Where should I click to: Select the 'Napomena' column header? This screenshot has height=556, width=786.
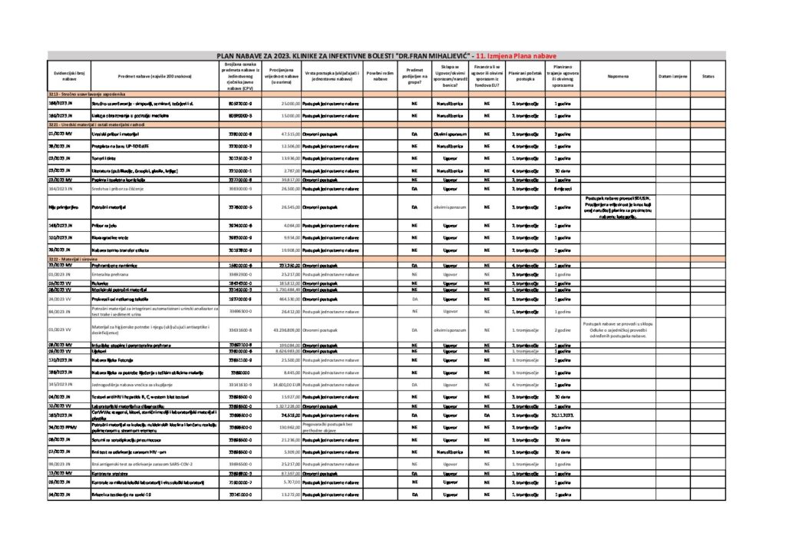(618, 76)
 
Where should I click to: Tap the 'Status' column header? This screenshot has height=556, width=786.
(708, 76)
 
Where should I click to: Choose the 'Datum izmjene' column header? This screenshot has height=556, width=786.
(672, 76)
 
